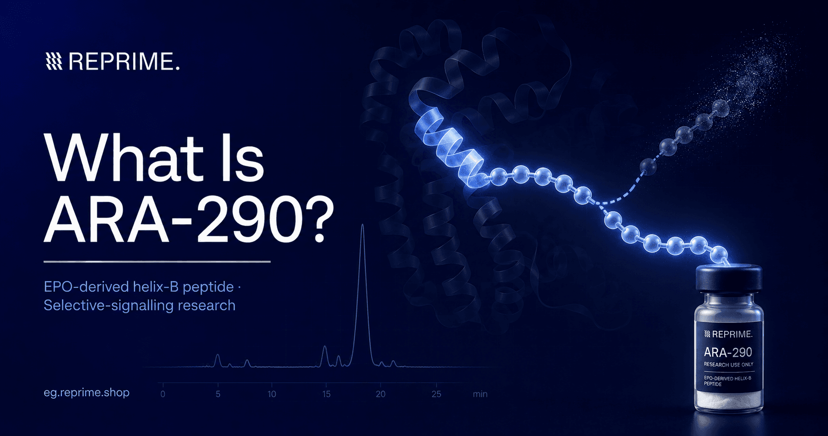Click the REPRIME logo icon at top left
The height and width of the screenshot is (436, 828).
click(x=54, y=61)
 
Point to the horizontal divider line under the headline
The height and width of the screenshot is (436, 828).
click(x=157, y=262)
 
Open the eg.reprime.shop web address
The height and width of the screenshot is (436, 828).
click(x=87, y=392)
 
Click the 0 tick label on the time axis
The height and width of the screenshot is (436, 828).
click(x=163, y=394)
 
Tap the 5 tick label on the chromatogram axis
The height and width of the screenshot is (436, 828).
click(x=218, y=394)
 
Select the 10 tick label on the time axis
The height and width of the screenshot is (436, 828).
click(x=272, y=394)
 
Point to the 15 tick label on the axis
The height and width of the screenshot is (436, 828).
click(x=327, y=394)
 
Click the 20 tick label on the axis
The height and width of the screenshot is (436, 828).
click(x=381, y=394)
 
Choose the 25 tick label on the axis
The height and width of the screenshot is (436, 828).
click(x=436, y=394)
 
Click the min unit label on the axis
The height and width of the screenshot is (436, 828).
click(x=480, y=394)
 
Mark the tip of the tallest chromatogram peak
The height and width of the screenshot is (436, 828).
click(x=363, y=224)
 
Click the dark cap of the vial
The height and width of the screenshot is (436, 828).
click(x=728, y=278)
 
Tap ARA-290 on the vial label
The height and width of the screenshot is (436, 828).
click(x=728, y=353)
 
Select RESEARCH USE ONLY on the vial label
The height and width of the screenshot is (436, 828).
click(x=728, y=365)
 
